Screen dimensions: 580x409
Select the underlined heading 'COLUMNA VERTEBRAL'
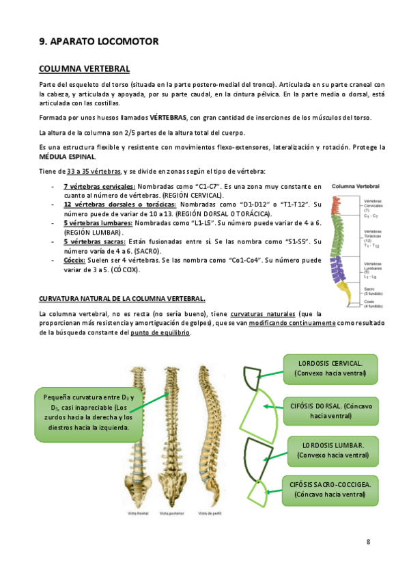tap(85, 68)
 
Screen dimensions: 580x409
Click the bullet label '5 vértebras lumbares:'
tap(98, 223)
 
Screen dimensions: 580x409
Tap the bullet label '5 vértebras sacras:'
tap(94, 241)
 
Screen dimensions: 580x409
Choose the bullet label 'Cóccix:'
tap(74, 261)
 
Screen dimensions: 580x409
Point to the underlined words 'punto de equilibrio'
tap(161, 332)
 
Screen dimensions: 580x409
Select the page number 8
tap(368, 542)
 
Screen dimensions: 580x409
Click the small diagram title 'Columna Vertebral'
tap(355, 185)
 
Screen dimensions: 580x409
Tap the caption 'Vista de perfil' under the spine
tap(208, 513)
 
